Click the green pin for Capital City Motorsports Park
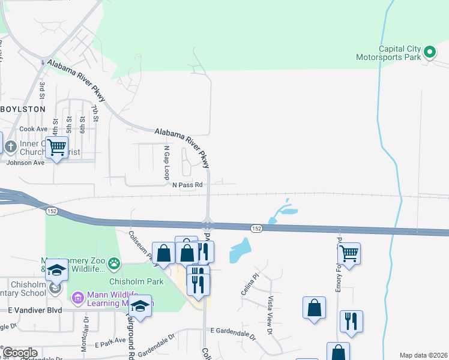[430, 53]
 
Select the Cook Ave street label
[33, 129]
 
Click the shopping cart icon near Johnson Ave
[56, 146]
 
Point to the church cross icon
[10, 146]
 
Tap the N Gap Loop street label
[167, 162]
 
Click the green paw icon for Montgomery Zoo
[113, 263]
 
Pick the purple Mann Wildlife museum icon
[77, 298]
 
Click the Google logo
[19, 353]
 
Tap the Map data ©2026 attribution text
[423, 355]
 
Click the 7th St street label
[95, 113]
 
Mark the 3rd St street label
[42, 91]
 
